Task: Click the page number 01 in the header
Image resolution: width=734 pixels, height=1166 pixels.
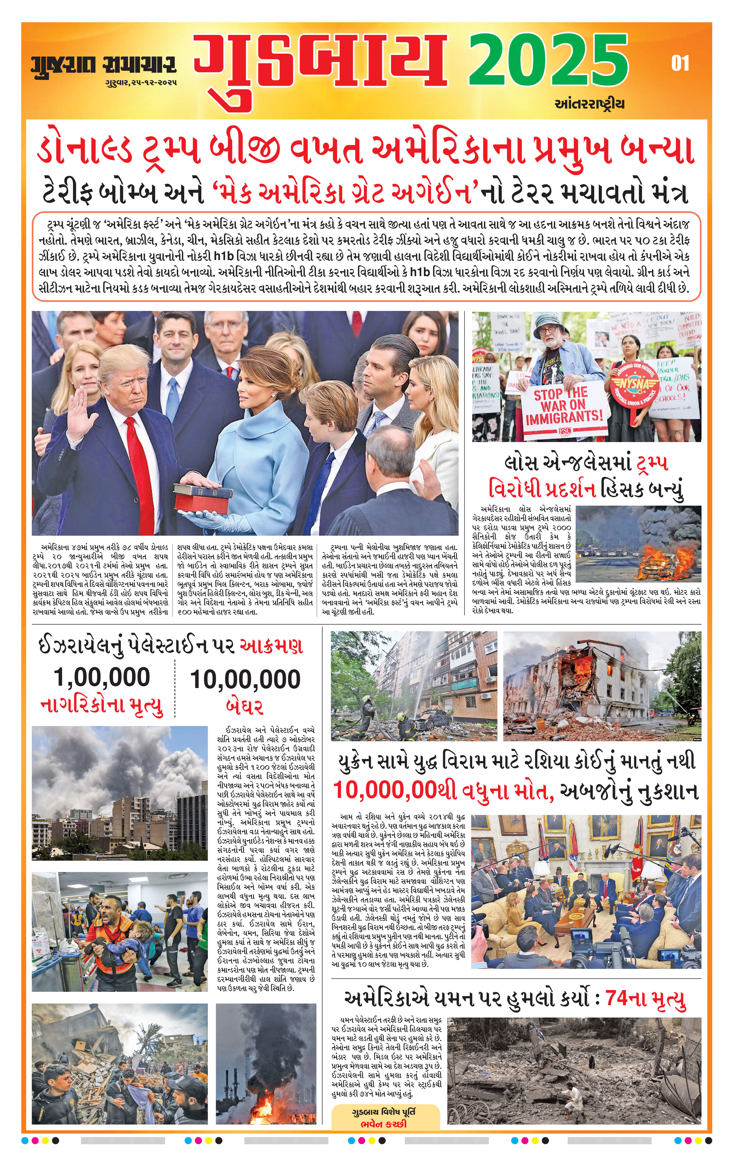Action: click(680, 63)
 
